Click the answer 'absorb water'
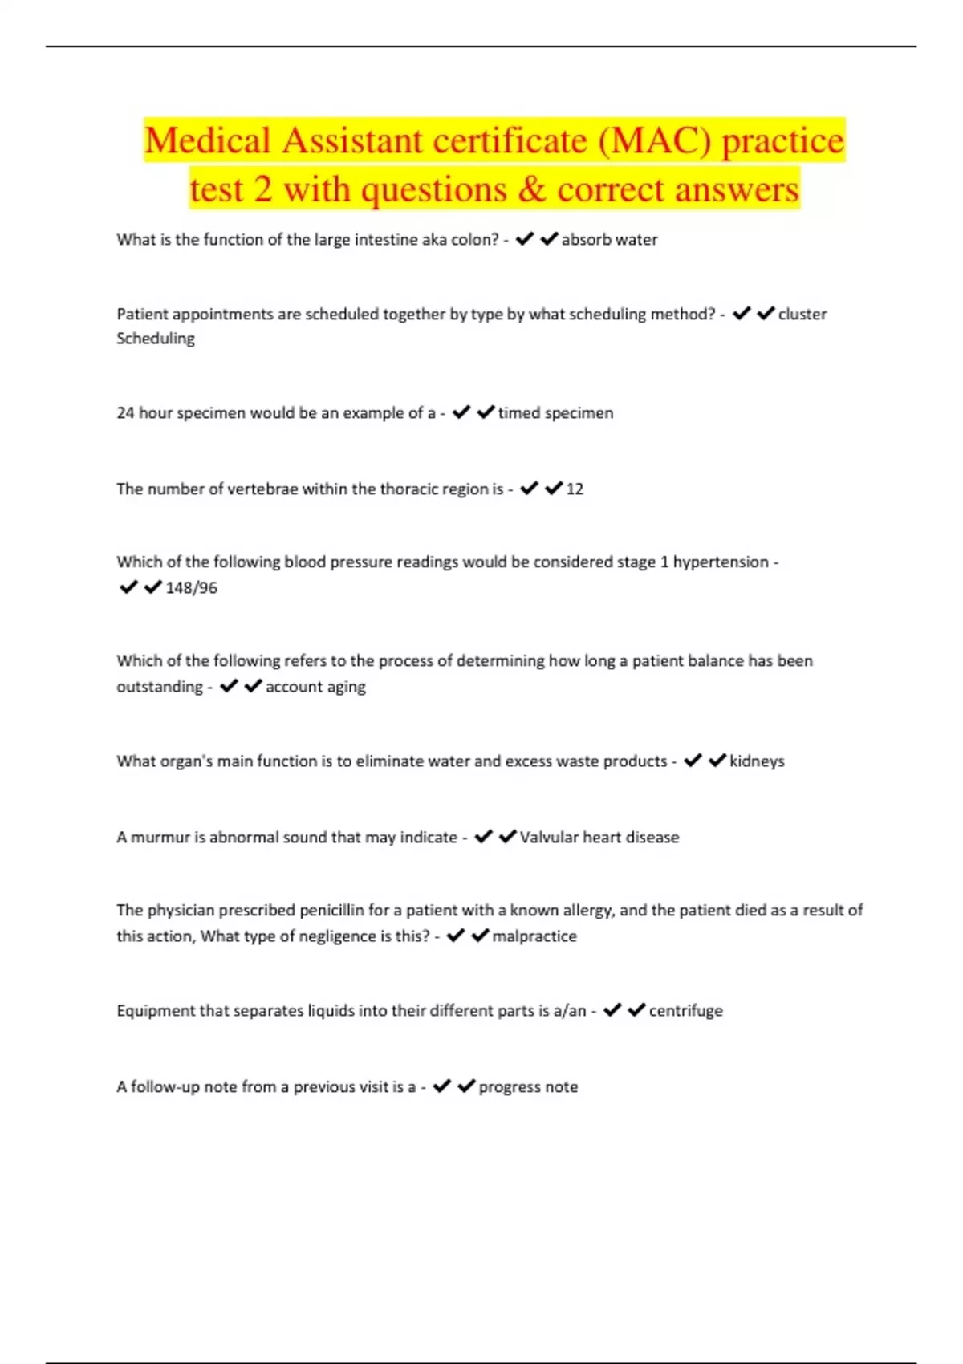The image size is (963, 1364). coord(609,240)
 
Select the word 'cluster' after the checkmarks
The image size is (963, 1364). coord(802,315)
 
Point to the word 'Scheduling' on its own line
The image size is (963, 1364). coord(156,339)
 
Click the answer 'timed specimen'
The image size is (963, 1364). coord(555,413)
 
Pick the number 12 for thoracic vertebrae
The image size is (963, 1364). coord(575,489)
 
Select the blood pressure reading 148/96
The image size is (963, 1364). coord(191,588)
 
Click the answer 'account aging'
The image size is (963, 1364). coord(315,687)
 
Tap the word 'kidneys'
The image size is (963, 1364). coord(757,761)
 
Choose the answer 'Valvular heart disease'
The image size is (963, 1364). coord(599,838)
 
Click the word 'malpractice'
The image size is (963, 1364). coord(534,936)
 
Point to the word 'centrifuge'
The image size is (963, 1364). coord(685,1011)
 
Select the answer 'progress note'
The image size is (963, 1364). coord(528,1087)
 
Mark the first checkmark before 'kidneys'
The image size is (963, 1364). coord(693,761)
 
